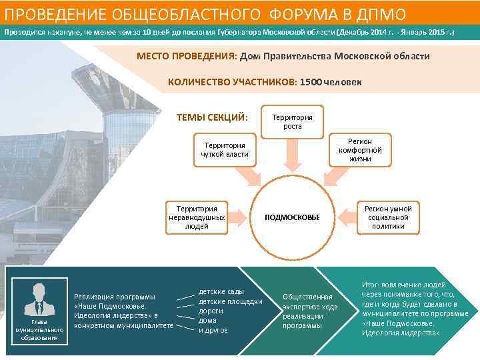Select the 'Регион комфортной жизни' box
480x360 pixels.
(360, 150)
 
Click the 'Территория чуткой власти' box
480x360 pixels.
(225, 150)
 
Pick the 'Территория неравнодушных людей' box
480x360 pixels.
(196, 217)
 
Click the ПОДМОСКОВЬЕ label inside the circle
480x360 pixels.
(292, 217)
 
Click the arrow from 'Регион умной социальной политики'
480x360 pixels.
(347, 217)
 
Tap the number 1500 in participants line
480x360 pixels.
(311, 82)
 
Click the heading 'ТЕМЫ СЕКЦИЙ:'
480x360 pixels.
(212, 118)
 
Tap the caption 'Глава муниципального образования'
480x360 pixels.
(39, 329)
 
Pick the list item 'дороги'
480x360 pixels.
(211, 311)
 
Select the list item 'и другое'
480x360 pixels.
(213, 330)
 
